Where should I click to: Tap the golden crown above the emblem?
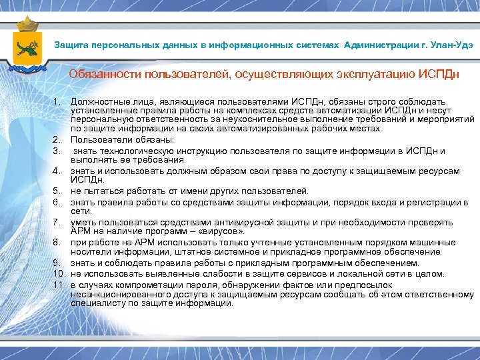click(x=27, y=24)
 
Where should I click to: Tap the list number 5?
click(x=57, y=191)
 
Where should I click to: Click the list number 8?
click(x=57, y=243)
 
